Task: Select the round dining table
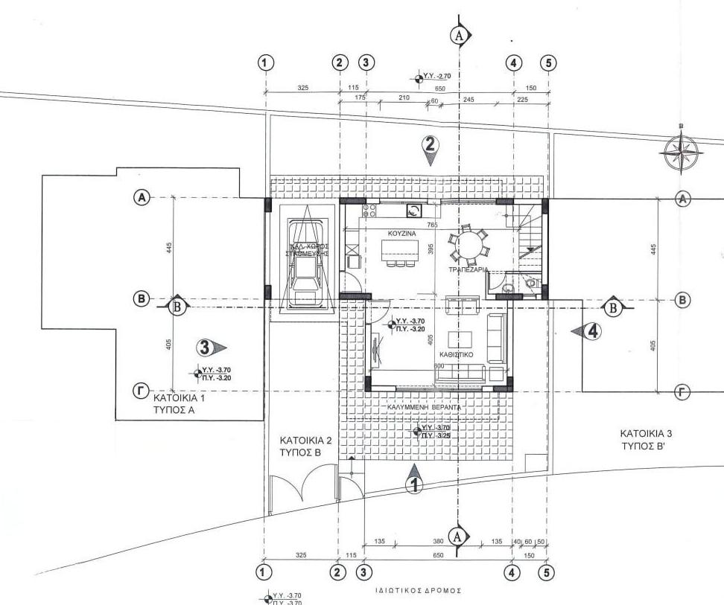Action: pos(467,243)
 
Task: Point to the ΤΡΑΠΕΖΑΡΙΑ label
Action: pos(469,269)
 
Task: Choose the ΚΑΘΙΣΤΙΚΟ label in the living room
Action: pos(459,356)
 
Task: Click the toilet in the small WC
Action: pos(530,283)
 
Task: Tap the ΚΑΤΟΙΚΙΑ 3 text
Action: pos(647,432)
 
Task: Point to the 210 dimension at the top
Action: pos(404,97)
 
